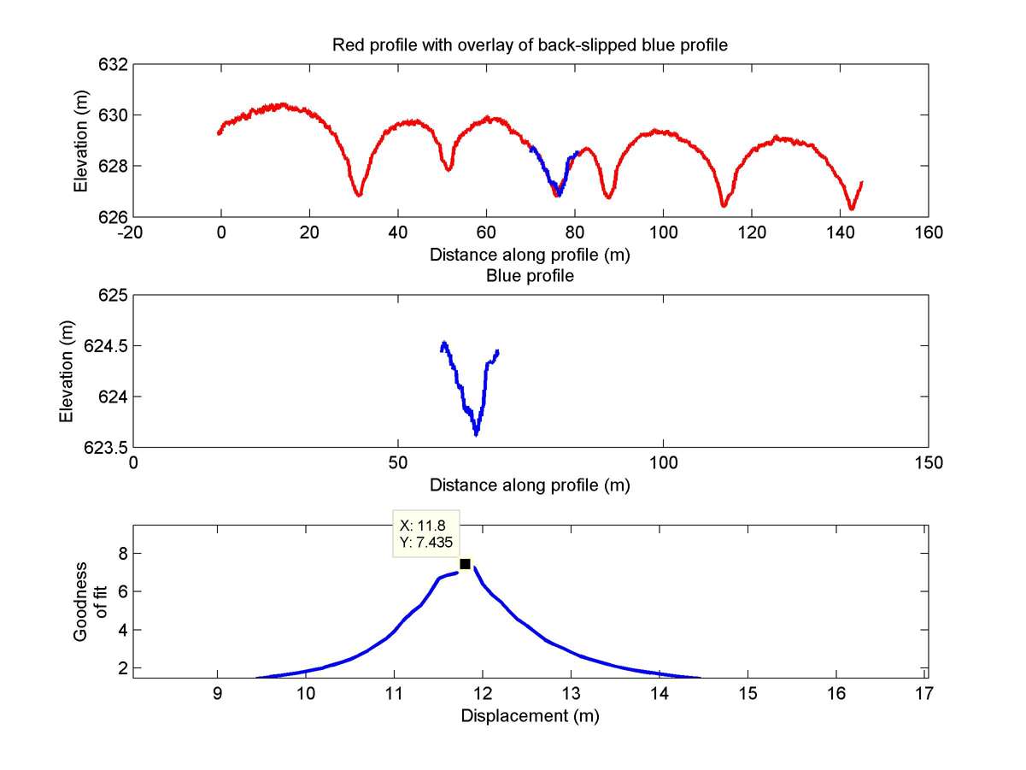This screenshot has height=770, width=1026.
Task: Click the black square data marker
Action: coord(465,563)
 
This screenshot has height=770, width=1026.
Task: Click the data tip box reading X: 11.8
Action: coord(425,533)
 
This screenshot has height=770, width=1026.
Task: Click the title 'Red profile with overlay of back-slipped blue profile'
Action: coord(530,46)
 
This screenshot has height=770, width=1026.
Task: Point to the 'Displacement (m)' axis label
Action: coord(530,715)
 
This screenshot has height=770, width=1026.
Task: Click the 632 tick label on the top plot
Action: coord(114,65)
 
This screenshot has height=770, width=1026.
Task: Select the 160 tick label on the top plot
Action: coord(929,232)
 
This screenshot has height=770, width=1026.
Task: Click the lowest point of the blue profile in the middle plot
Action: coord(476,434)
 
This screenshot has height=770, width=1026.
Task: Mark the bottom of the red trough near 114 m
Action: coord(724,205)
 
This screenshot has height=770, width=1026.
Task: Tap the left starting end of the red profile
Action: coord(220,132)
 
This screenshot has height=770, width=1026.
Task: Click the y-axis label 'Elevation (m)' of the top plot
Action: coord(81,141)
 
